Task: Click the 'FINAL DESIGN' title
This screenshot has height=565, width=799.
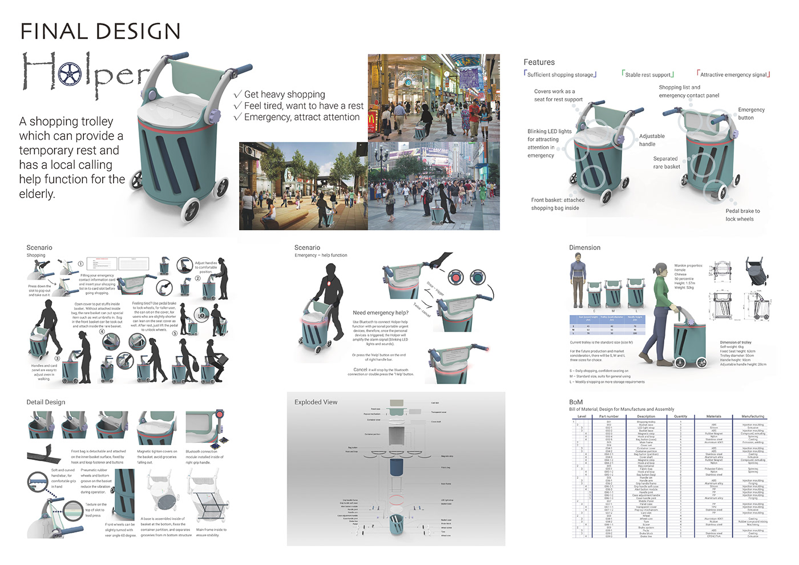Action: pos(100,31)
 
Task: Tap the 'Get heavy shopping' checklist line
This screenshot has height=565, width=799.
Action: pos(284,94)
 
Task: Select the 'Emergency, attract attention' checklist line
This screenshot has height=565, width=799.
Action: pos(301,117)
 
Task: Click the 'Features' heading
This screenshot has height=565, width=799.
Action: pos(539,62)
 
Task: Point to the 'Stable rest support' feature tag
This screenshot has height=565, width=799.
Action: pos(648,75)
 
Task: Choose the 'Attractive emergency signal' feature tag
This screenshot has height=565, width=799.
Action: pos(733,75)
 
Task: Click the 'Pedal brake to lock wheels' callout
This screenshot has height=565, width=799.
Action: pos(742,215)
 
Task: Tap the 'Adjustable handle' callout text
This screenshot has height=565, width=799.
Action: pos(651,140)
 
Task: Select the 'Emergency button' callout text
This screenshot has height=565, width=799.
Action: pos(750,114)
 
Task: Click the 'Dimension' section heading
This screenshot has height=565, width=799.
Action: pos(584,248)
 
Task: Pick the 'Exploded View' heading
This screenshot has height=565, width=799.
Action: pos(316,402)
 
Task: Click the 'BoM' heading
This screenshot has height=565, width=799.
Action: pos(576,402)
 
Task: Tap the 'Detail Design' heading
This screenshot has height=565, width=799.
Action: pos(46,402)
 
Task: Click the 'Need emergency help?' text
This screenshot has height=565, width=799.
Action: pos(381,313)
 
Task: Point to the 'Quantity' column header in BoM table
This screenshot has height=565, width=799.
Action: pos(680,417)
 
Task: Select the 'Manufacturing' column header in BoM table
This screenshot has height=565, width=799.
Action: pos(753,417)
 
